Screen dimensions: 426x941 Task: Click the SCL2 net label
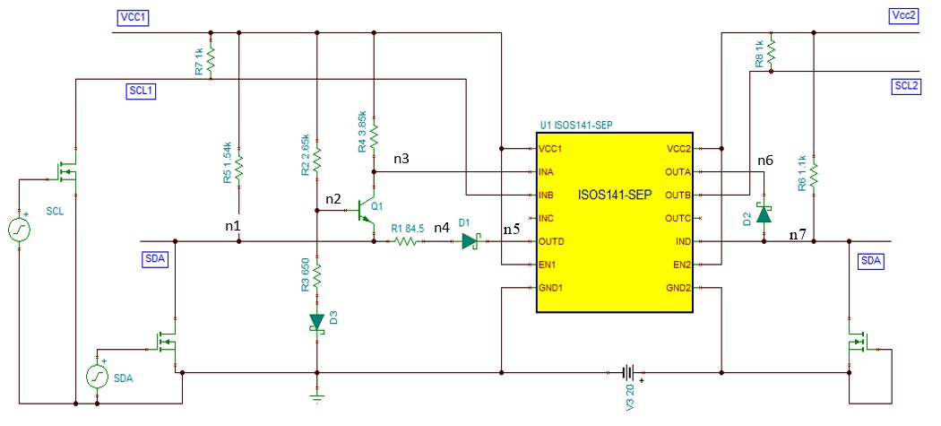[905, 86]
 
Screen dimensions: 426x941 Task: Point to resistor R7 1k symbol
[211, 61]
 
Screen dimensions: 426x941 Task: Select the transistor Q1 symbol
[367, 213]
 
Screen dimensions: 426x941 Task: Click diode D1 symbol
[470, 241]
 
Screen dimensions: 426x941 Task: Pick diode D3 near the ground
[317, 321]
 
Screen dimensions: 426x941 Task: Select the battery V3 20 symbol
[629, 371]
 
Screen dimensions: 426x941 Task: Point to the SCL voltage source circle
[18, 230]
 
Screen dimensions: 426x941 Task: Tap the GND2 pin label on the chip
[677, 289]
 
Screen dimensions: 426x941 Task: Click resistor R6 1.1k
[813, 172]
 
